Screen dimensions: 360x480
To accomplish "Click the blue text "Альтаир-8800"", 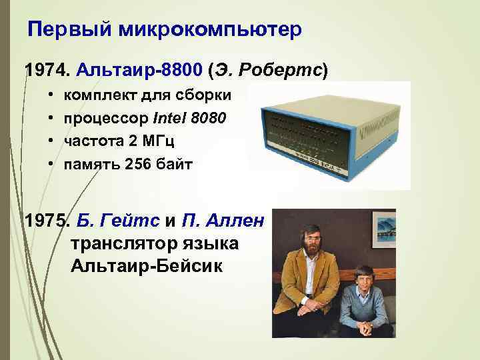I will (141, 69).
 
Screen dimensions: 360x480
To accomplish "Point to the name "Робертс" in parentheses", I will (288, 69).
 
